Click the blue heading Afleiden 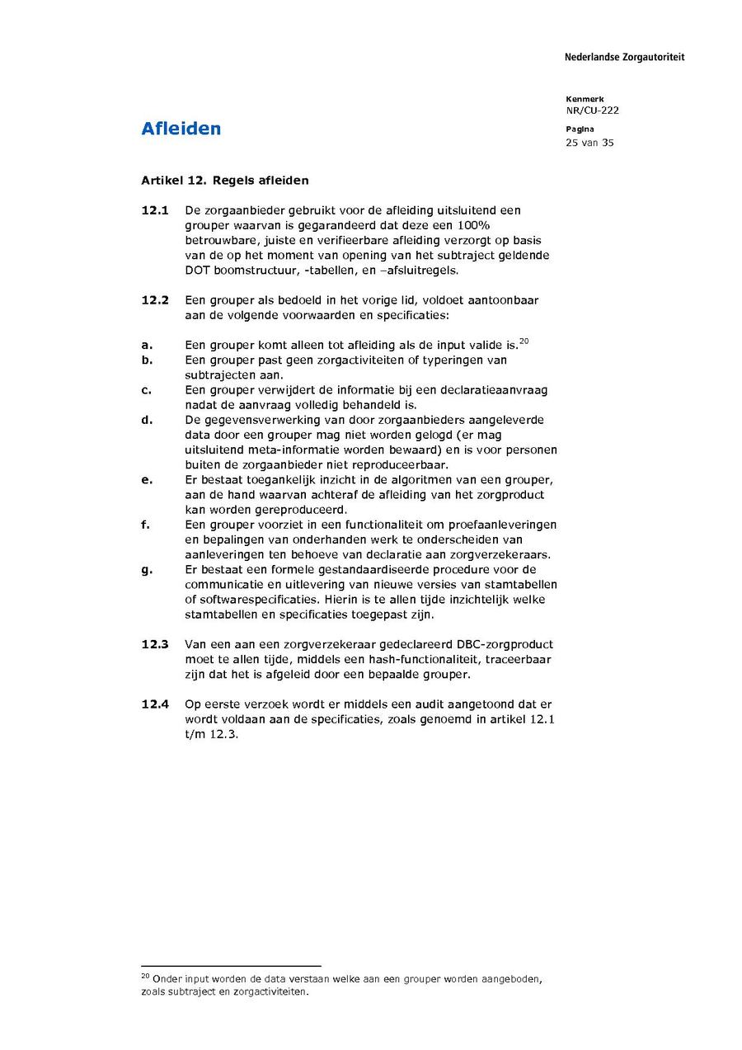181,129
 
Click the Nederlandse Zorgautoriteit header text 624,57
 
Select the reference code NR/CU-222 592,111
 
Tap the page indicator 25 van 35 589,143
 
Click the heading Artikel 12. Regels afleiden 225,180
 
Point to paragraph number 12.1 155,211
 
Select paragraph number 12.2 155,300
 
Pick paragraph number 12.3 155,644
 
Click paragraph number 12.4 155,704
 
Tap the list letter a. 147,346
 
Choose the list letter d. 147,421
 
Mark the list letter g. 147,570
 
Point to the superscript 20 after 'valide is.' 524,341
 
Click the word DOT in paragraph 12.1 198,271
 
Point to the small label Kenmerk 585,99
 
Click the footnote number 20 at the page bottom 145,976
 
